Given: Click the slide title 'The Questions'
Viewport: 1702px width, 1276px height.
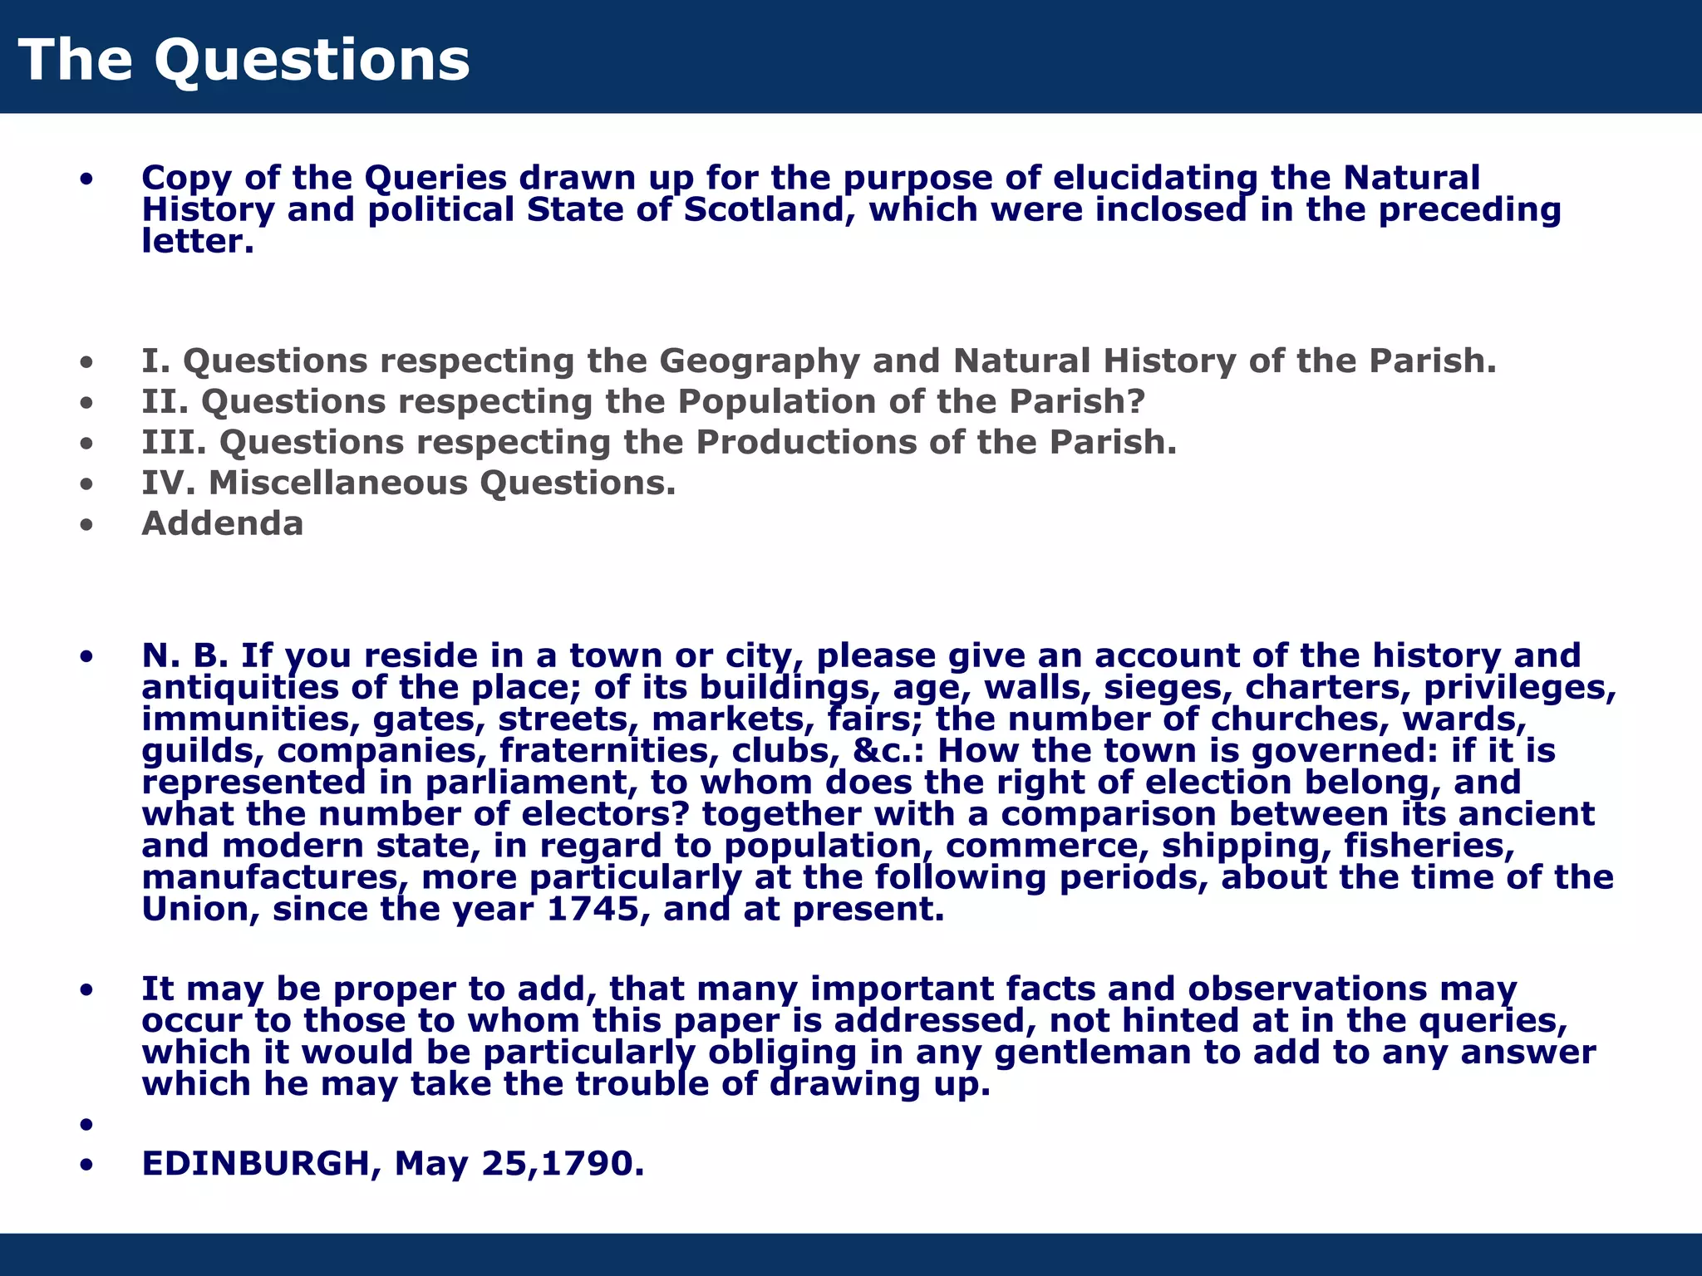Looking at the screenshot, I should coord(243,60).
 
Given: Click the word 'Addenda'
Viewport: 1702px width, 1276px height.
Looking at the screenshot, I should coord(222,523).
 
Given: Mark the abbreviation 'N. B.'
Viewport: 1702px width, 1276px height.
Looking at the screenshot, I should coord(184,656).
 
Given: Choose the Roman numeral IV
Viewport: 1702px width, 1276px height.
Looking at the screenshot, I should coord(168,483).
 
